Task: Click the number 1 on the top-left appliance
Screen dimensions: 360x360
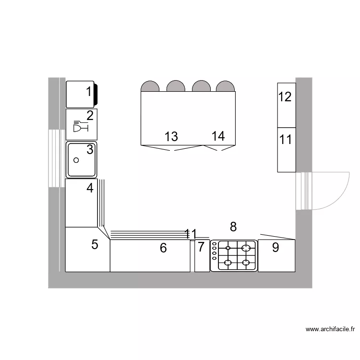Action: (x=89, y=91)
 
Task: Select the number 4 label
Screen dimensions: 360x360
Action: (x=90, y=188)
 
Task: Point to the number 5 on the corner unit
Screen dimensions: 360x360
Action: (x=95, y=245)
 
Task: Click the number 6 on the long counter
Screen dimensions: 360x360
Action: (x=163, y=248)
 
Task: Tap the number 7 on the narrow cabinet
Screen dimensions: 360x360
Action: (x=201, y=248)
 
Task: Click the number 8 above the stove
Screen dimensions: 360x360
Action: (x=234, y=227)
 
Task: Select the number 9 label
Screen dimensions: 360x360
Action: (x=276, y=248)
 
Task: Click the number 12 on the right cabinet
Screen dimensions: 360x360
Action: (x=285, y=97)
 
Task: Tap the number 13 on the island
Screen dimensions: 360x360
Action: (x=171, y=136)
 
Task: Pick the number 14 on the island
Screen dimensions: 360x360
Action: (x=218, y=136)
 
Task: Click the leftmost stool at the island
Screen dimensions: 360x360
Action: (x=150, y=87)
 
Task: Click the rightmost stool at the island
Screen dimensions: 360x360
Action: (x=225, y=87)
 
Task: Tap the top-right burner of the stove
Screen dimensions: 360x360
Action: (x=246, y=248)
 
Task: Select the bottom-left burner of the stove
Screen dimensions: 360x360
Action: (x=228, y=263)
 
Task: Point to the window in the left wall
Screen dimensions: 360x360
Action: (x=56, y=158)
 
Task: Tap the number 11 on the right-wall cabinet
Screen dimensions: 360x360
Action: (x=286, y=140)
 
